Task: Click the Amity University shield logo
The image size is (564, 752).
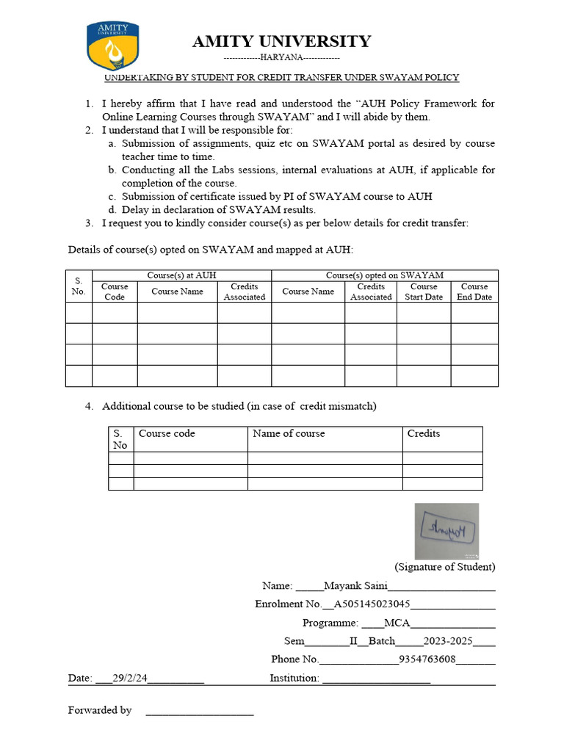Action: click(112, 46)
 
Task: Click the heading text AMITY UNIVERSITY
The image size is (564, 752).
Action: click(281, 41)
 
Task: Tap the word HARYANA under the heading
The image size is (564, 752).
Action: click(281, 58)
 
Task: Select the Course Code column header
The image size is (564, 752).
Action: click(115, 292)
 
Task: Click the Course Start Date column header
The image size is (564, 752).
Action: click(424, 292)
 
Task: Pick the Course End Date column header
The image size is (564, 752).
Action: click(474, 292)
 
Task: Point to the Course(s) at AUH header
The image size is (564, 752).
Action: click(181, 275)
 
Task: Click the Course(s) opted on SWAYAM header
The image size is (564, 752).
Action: click(384, 275)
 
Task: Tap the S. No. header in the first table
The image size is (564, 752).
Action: click(79, 286)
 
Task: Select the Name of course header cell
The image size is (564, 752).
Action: click(289, 433)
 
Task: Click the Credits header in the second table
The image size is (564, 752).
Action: click(424, 433)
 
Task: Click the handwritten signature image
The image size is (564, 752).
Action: click(446, 530)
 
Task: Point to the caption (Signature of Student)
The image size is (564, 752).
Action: click(444, 567)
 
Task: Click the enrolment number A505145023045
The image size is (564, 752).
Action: click(372, 604)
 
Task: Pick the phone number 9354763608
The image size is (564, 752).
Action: click(427, 659)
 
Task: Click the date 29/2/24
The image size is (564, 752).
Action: click(131, 679)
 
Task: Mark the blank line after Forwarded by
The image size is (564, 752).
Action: click(199, 711)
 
